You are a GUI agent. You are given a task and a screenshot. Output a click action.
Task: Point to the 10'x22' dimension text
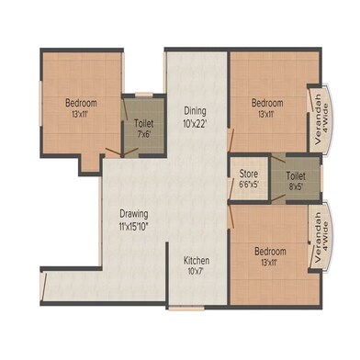click(x=194, y=122)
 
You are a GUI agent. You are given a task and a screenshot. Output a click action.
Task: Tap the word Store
click(x=248, y=173)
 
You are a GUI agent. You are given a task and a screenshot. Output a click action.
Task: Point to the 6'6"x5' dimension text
click(x=248, y=184)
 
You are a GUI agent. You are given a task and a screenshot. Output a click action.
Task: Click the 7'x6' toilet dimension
click(x=144, y=134)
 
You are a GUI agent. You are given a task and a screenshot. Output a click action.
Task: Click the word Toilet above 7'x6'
click(x=144, y=122)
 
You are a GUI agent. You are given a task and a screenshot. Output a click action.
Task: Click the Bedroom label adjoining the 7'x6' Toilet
click(x=82, y=103)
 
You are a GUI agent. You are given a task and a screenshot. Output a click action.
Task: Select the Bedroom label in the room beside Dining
click(x=268, y=103)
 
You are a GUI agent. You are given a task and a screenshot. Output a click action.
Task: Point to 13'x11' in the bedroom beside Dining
click(x=268, y=115)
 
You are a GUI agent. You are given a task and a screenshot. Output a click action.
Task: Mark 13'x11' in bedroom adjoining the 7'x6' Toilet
click(x=82, y=115)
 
